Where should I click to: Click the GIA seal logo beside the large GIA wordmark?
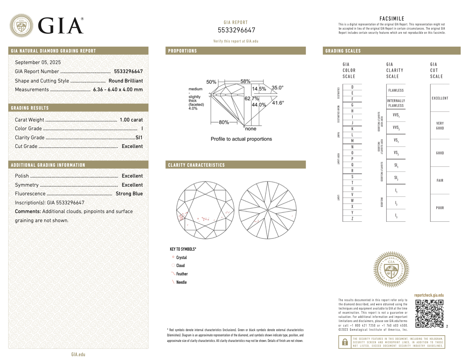point(22,25)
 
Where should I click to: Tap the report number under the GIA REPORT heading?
point(236,30)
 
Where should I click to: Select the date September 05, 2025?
point(38,62)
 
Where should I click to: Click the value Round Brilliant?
point(126,81)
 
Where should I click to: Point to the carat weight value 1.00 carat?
point(131,120)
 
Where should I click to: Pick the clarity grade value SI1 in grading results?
point(139,138)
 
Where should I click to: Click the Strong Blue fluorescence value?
point(129,194)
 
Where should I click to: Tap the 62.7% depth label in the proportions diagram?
point(251,99)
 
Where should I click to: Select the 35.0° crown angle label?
point(278,88)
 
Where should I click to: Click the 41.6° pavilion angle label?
point(278,103)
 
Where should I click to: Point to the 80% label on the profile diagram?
point(224,122)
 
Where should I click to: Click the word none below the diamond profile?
point(251,129)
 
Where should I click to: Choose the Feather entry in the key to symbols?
point(182,274)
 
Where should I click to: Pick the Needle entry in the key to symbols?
point(181,282)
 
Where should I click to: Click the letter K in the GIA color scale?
point(352,129)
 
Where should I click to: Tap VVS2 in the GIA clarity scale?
point(396,128)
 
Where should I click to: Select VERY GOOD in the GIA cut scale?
point(440,126)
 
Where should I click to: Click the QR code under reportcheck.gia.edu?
point(429,314)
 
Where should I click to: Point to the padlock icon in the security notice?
point(345,342)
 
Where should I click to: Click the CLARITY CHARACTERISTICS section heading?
point(196,165)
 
